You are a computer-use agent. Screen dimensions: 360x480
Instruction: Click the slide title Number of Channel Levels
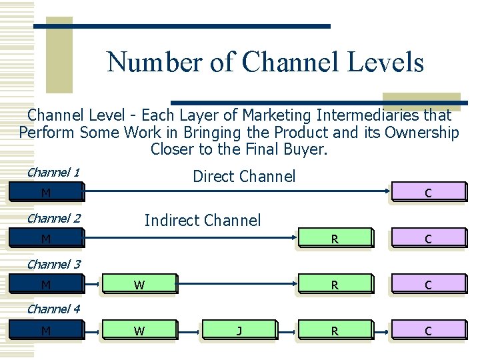pos(265,62)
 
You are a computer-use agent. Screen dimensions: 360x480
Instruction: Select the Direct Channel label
pos(243,177)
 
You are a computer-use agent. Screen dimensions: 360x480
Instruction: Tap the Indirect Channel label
pos(203,220)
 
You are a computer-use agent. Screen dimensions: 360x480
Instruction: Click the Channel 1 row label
pos(53,173)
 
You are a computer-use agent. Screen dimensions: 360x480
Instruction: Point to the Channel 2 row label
pos(53,218)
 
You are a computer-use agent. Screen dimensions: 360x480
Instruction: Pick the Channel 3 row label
pos(53,264)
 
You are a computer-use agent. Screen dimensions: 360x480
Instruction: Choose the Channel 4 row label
pos(53,309)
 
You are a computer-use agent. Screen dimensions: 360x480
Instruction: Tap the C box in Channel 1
pos(427,193)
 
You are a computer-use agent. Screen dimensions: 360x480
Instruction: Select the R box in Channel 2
pos(335,239)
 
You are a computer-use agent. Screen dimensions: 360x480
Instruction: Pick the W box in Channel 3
pos(139,285)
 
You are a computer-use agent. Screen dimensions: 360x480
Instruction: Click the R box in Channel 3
pos(335,285)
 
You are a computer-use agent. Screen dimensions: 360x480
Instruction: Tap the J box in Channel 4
pos(239,331)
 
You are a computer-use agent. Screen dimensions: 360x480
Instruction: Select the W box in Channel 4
pos(139,331)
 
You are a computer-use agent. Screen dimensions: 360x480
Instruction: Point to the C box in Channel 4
pos(427,331)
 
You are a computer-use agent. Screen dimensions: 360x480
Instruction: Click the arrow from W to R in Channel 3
pos(237,285)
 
